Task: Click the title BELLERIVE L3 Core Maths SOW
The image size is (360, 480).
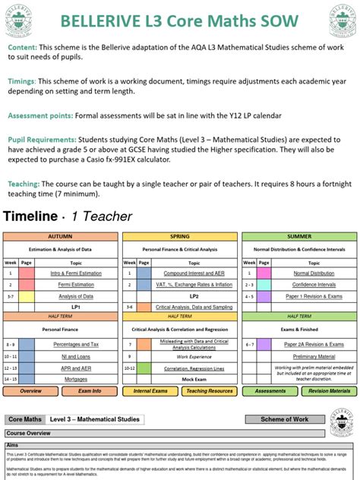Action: pos(180,20)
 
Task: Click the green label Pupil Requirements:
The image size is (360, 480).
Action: pos(42,140)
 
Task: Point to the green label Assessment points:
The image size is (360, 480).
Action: pos(39,115)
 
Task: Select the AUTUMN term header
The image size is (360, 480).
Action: pos(60,236)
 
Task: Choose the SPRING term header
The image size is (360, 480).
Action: pos(179,236)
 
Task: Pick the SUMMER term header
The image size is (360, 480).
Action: pos(298,236)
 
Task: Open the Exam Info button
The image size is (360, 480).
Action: pos(90,391)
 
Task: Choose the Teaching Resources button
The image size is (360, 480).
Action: pos(210,391)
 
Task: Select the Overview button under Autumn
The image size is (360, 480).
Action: pos(31,391)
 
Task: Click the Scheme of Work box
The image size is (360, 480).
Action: pos(285,419)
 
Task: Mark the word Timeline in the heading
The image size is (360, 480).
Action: pos(30,216)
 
